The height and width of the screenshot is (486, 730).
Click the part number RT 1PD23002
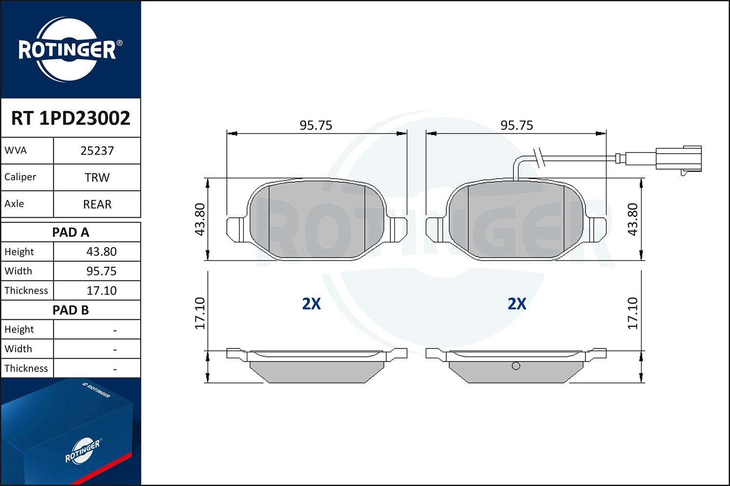click(x=71, y=118)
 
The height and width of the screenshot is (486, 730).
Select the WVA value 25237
click(x=97, y=151)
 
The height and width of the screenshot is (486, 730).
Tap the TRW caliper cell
click(x=97, y=177)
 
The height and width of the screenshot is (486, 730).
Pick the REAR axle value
click(x=97, y=204)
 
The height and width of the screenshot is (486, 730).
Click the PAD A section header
click(x=71, y=232)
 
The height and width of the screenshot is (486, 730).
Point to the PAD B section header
click(x=71, y=310)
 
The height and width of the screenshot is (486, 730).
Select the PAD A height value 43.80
click(x=101, y=252)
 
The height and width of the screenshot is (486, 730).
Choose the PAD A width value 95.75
click(x=101, y=271)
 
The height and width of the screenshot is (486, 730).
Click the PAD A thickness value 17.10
click(x=101, y=290)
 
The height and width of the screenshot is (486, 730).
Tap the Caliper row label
click(x=20, y=177)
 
